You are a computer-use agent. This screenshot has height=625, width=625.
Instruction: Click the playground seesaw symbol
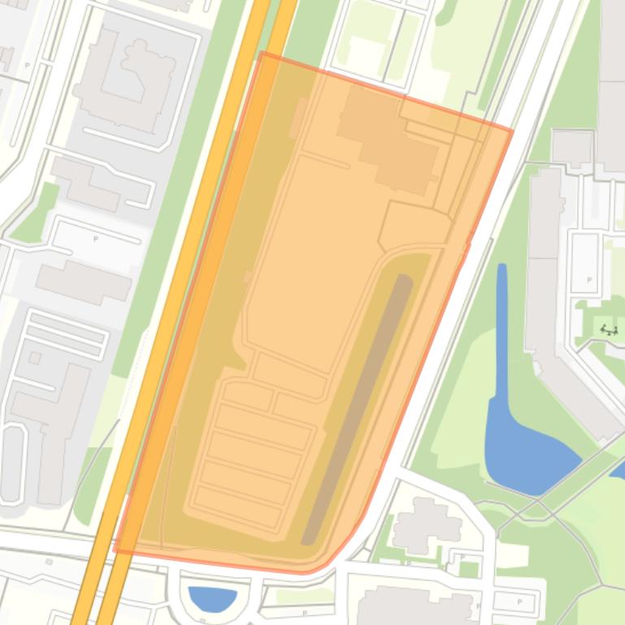coord(609,330)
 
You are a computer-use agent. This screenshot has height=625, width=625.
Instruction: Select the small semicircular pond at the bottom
coord(212,599)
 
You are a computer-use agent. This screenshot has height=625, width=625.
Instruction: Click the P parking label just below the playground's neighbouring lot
coord(589,280)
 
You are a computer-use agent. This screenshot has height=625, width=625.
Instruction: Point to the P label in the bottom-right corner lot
coord(519,601)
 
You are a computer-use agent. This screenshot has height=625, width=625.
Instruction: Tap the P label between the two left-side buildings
coord(96,239)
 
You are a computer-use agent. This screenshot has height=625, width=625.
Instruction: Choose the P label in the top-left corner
coord(27,65)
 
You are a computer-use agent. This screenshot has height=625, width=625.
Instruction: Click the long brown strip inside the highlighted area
coord(358,406)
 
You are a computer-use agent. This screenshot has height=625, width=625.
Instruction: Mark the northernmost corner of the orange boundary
coord(262,53)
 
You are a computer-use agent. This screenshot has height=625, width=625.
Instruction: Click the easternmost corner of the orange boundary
coord(512,130)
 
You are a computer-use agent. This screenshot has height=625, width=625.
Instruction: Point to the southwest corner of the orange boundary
coord(115,550)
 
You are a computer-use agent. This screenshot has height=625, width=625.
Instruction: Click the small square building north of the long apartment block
coord(571,147)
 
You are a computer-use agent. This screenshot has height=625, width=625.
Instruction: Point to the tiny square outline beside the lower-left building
coord(35,358)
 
